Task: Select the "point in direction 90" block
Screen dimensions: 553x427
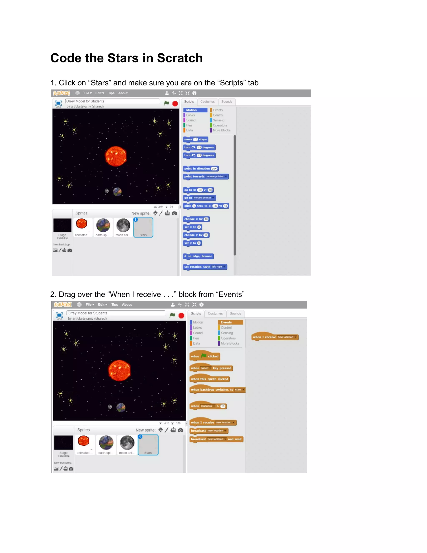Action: [x=201, y=169]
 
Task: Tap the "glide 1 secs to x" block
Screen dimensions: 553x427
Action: [x=206, y=206]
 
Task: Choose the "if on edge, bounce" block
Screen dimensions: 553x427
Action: [x=198, y=256]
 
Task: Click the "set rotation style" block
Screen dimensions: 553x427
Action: [x=205, y=267]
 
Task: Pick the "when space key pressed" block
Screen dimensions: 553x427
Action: [x=211, y=368]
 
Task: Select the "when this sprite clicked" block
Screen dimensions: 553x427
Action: [x=210, y=379]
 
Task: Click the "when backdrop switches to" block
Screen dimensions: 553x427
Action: [x=217, y=390]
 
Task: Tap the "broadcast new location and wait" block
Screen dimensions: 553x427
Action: [x=216, y=439]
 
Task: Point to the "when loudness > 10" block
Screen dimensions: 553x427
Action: [x=208, y=406]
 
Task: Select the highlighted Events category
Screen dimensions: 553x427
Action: [x=230, y=322]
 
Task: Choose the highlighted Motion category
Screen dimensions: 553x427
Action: [x=195, y=110]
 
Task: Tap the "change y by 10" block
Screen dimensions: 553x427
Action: [x=196, y=235]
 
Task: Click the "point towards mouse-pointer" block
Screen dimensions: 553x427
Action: [x=205, y=177]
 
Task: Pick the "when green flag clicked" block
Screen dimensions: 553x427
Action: [x=205, y=356]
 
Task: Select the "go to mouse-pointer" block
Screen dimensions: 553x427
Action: [x=199, y=198]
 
